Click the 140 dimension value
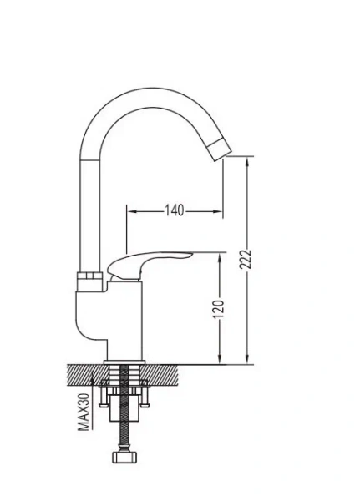pos(173,210)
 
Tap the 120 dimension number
pos(219,309)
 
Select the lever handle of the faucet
pos(150,261)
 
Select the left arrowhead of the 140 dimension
pos(130,210)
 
